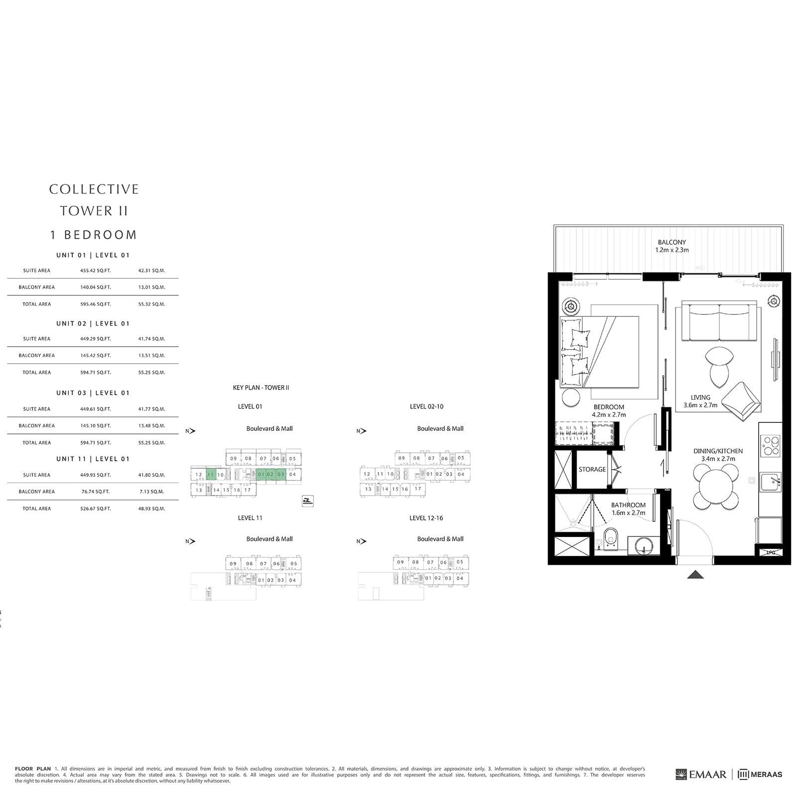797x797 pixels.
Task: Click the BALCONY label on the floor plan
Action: [671, 242]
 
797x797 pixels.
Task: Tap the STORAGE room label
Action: [592, 469]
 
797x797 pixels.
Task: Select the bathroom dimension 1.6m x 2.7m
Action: [628, 513]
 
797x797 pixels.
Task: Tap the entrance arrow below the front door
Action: [695, 574]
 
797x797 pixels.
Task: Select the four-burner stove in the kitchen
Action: [771, 445]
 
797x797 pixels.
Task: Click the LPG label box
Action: [770, 552]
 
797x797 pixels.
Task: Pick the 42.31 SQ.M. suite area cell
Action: [151, 270]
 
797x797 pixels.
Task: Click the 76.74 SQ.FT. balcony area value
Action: [96, 491]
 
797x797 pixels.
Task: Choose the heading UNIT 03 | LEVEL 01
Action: [93, 393]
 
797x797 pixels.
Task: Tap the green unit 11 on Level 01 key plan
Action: [211, 475]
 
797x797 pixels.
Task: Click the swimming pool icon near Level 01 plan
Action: [308, 502]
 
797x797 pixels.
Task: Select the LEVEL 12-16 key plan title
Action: [426, 518]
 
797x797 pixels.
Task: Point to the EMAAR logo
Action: [701, 774]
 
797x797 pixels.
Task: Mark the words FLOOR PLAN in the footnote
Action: [33, 769]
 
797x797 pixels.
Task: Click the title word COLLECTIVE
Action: [94, 189]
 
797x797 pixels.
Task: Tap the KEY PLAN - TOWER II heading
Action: [261, 388]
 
